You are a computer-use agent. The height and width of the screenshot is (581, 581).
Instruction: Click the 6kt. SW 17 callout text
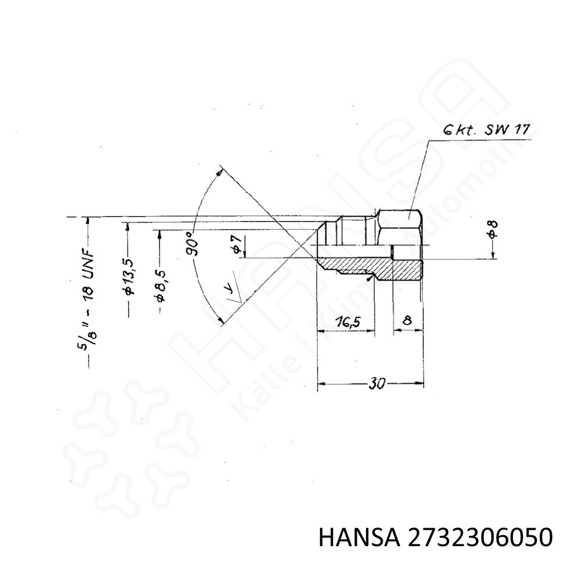point(487,130)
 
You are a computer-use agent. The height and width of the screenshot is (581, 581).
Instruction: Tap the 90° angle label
point(193,244)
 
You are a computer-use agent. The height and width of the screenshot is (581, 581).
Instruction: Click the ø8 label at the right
point(493,229)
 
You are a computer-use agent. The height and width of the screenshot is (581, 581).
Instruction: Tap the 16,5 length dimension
point(348,322)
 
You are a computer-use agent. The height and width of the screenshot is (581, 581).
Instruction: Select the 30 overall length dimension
point(376,383)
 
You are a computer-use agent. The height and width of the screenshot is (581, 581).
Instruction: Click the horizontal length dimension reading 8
point(407,320)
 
